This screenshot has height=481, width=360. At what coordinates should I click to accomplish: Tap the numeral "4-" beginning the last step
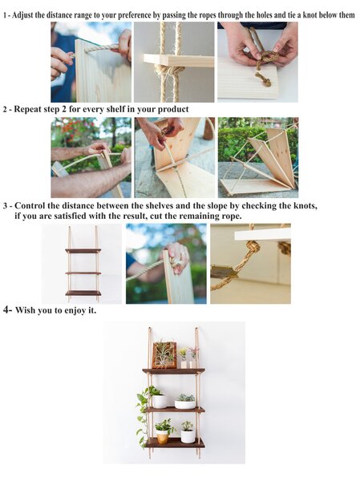(x=7, y=309)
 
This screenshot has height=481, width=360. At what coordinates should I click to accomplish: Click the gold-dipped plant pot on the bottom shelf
(x=162, y=437)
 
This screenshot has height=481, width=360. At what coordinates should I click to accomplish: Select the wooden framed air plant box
(x=164, y=355)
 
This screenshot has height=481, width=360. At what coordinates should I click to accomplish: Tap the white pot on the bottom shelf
(x=187, y=437)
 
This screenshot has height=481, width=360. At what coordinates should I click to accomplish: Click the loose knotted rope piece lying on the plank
(x=264, y=79)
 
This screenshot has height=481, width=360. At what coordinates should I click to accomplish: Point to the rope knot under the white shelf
(x=253, y=246)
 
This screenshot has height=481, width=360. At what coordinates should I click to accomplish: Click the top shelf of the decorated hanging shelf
(x=173, y=371)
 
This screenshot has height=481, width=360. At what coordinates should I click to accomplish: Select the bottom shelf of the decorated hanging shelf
(x=175, y=443)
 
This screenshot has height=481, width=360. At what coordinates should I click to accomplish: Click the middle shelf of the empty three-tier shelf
(x=83, y=273)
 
